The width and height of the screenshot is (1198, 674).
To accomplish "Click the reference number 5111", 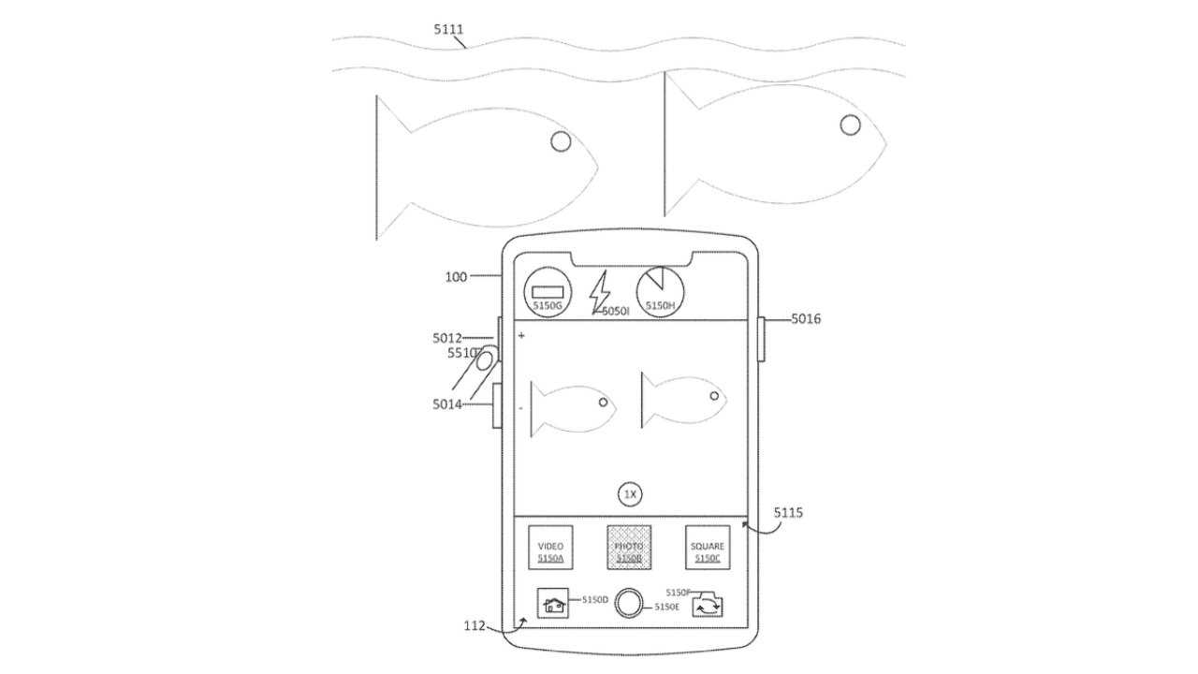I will click(x=448, y=30).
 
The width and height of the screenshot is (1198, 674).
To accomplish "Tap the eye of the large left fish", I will click(x=561, y=141).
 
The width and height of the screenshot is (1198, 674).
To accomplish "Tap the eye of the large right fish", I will click(x=850, y=125).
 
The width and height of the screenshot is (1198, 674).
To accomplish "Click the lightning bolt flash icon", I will click(x=598, y=293).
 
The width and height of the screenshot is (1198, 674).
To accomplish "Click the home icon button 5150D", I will click(x=552, y=604).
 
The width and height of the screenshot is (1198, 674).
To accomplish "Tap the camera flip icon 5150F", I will click(x=707, y=607).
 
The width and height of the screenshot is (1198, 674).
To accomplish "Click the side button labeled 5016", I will click(x=762, y=339).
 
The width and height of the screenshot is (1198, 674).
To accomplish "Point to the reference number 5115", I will click(x=788, y=513).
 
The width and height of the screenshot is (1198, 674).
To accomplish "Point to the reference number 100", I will click(x=456, y=277).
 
